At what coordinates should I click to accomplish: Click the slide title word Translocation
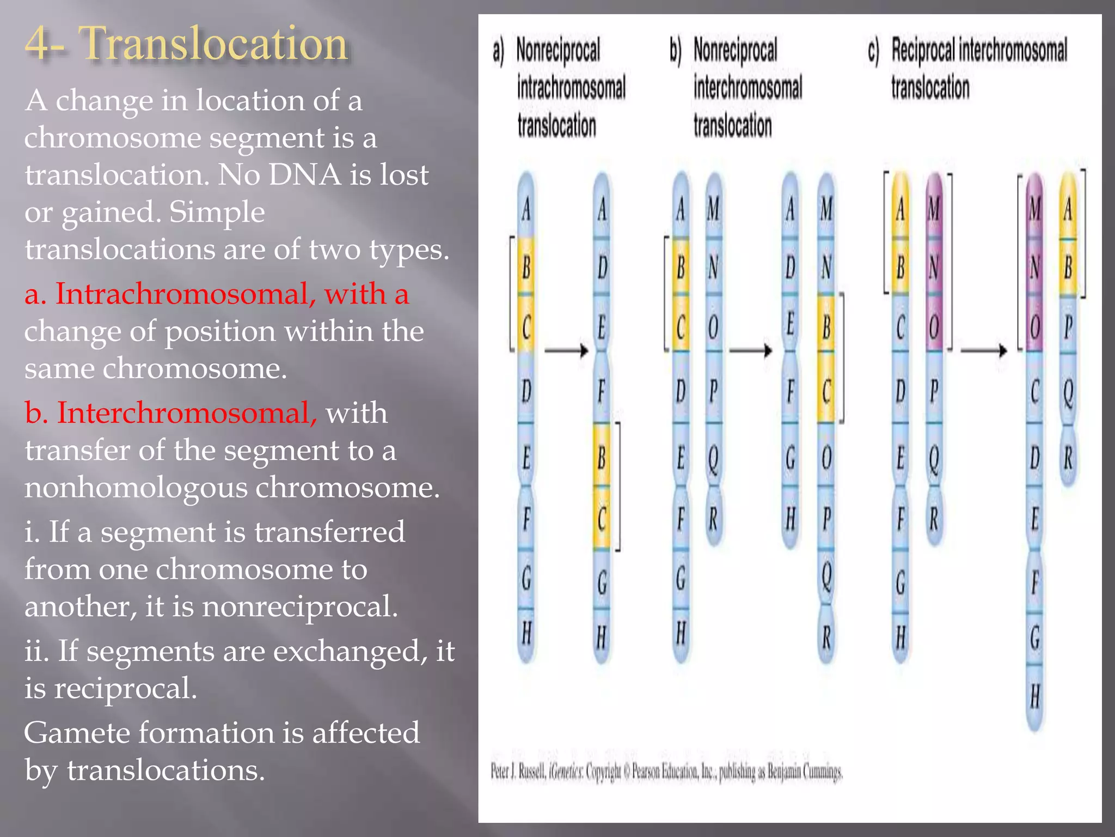click(x=213, y=44)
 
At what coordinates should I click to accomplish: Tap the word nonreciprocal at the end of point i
click(x=299, y=606)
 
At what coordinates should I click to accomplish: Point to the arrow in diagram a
click(x=566, y=350)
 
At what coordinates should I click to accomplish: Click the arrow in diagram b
click(x=750, y=350)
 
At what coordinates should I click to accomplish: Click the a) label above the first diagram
click(x=498, y=52)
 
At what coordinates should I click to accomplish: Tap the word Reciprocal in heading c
click(x=922, y=50)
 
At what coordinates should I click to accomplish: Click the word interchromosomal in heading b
click(x=748, y=88)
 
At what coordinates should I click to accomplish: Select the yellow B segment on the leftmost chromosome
click(x=526, y=268)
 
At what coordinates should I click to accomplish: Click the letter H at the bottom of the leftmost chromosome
click(x=526, y=634)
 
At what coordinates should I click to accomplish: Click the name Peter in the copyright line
click(x=500, y=772)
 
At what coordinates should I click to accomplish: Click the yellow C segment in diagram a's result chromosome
click(x=602, y=519)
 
